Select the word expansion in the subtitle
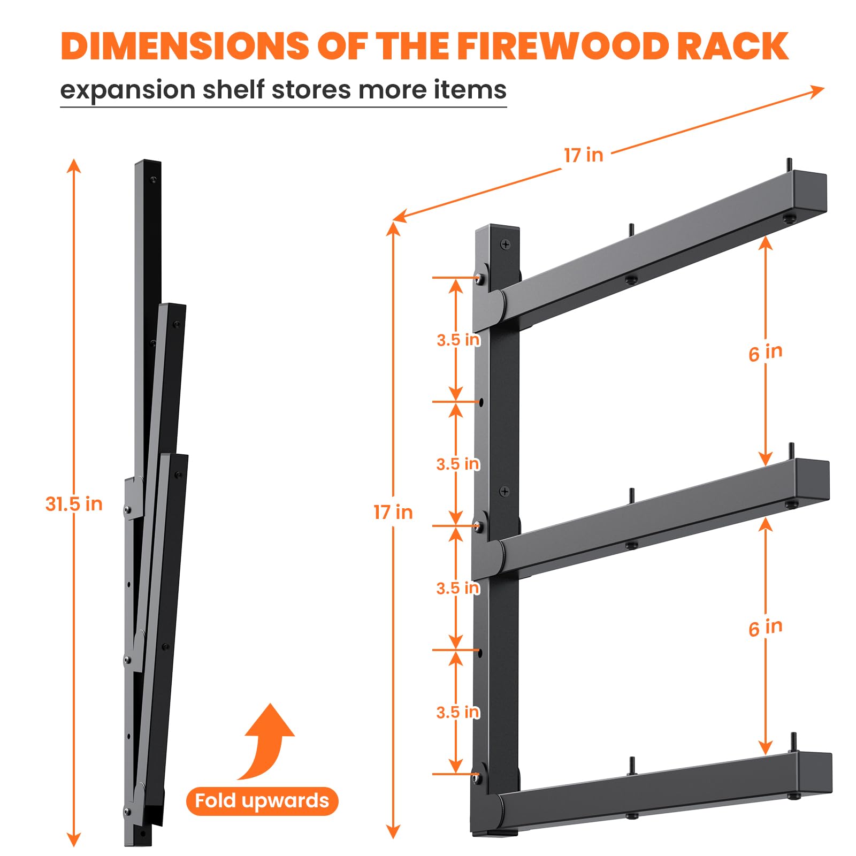click(127, 90)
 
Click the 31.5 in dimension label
click(74, 504)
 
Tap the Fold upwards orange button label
click(262, 801)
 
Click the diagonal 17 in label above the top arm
click(584, 155)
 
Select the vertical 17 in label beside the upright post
click(393, 512)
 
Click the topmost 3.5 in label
click(458, 340)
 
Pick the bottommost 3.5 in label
click(458, 712)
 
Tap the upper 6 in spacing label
click(766, 353)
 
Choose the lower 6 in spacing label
click(766, 628)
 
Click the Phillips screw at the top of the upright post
click(505, 244)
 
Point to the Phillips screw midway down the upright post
click(504, 491)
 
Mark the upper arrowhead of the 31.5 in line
click(74, 165)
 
